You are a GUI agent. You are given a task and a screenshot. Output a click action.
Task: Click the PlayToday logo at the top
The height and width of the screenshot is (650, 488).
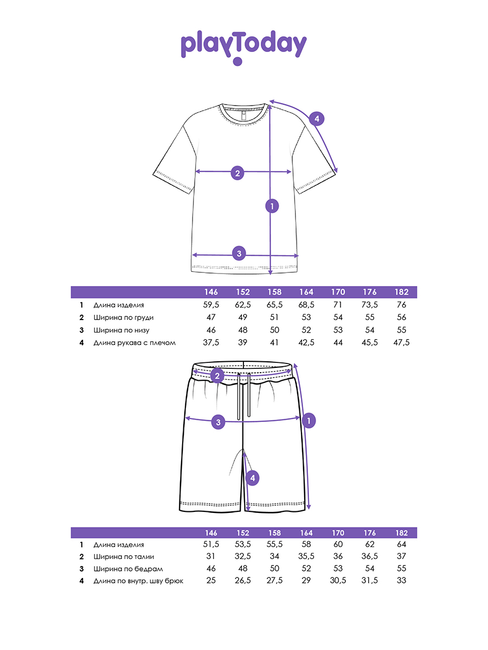[x=243, y=47]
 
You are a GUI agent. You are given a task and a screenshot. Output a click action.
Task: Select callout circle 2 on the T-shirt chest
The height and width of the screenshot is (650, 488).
[x=237, y=173]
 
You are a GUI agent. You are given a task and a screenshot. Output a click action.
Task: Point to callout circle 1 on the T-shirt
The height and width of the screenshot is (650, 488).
[x=272, y=205]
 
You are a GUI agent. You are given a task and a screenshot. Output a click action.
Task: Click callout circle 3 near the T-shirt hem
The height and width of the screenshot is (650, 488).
[x=239, y=252]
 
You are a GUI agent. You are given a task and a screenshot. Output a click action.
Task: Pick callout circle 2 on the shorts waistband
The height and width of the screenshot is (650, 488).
[x=217, y=376]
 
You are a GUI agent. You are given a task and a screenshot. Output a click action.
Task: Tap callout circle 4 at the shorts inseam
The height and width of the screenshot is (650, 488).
[x=252, y=478]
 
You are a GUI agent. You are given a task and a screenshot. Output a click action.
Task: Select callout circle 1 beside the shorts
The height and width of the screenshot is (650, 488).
[x=309, y=420]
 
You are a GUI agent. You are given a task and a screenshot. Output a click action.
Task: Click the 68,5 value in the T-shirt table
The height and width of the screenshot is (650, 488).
[x=306, y=305]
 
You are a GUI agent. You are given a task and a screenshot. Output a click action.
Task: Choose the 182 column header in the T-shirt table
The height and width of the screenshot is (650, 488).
[x=402, y=292]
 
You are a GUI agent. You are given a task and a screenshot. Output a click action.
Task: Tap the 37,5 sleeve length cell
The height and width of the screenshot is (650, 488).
[x=211, y=342]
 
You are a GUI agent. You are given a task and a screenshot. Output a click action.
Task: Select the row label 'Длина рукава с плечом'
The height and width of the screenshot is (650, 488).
[x=134, y=342]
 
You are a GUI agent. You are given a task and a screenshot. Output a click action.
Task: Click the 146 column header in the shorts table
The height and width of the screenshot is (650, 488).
[x=211, y=532]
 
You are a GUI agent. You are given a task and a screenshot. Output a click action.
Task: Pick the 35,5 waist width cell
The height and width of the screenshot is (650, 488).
[x=306, y=556]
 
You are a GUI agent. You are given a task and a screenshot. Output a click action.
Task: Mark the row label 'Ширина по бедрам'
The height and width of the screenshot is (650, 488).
[x=128, y=569]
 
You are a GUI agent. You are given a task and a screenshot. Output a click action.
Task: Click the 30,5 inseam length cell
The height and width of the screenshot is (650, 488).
[x=338, y=581]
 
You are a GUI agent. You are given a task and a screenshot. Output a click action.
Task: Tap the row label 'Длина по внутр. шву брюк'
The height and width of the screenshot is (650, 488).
[x=138, y=581]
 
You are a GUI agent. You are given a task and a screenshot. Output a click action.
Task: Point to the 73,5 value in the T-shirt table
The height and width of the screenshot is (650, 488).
[x=370, y=305]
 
